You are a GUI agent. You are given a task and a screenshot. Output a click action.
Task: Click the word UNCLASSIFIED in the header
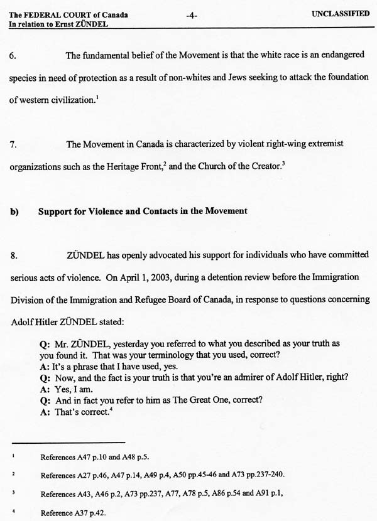pyautogui.click(x=340, y=14)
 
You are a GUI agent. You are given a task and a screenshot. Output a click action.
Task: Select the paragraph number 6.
pyautogui.click(x=13, y=56)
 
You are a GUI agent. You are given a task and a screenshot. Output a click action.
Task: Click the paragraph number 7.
pyautogui.click(x=13, y=144)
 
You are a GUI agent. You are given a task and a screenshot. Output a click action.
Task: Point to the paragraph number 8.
pyautogui.click(x=13, y=255)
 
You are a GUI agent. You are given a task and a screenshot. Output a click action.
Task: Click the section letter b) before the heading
pyautogui.click(x=14, y=212)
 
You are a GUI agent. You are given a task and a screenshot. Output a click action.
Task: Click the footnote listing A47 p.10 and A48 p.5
pyautogui.click(x=94, y=458)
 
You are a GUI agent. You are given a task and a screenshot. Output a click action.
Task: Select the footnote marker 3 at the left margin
pyautogui.click(x=13, y=492)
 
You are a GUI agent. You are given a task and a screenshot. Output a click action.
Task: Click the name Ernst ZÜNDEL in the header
pyautogui.click(x=71, y=25)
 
